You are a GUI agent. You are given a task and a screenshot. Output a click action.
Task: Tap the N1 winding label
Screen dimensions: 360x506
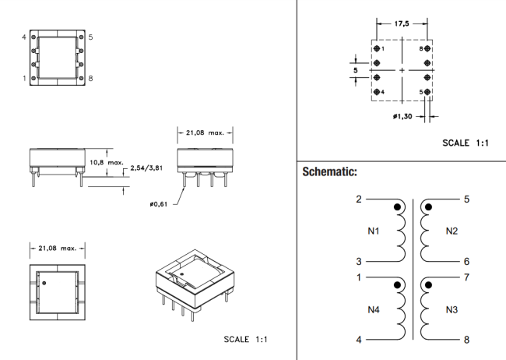(x=373, y=231)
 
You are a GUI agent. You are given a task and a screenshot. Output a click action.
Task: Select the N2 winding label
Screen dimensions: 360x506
(x=452, y=231)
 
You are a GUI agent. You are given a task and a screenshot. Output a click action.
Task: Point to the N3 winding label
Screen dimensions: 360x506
(x=452, y=309)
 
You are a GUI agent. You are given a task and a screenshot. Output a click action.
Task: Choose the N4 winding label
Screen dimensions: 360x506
(x=373, y=309)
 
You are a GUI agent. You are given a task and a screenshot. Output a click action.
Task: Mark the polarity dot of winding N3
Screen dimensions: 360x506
(x=427, y=286)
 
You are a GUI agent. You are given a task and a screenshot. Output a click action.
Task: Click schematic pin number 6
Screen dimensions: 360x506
(x=466, y=262)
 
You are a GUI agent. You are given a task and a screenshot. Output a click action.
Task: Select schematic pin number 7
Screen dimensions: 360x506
(x=466, y=277)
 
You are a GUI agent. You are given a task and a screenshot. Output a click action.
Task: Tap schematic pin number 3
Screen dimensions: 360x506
(x=359, y=262)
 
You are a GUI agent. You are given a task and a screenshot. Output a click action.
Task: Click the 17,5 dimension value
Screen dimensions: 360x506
(x=402, y=23)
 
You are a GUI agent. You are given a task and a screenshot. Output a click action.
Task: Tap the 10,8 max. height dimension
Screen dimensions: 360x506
(x=107, y=162)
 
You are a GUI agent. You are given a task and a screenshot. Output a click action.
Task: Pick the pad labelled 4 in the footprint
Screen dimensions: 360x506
(x=378, y=93)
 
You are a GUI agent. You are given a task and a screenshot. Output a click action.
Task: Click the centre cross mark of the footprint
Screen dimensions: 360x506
(x=402, y=71)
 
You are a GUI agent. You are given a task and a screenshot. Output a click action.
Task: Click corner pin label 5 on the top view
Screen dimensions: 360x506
(x=90, y=37)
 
